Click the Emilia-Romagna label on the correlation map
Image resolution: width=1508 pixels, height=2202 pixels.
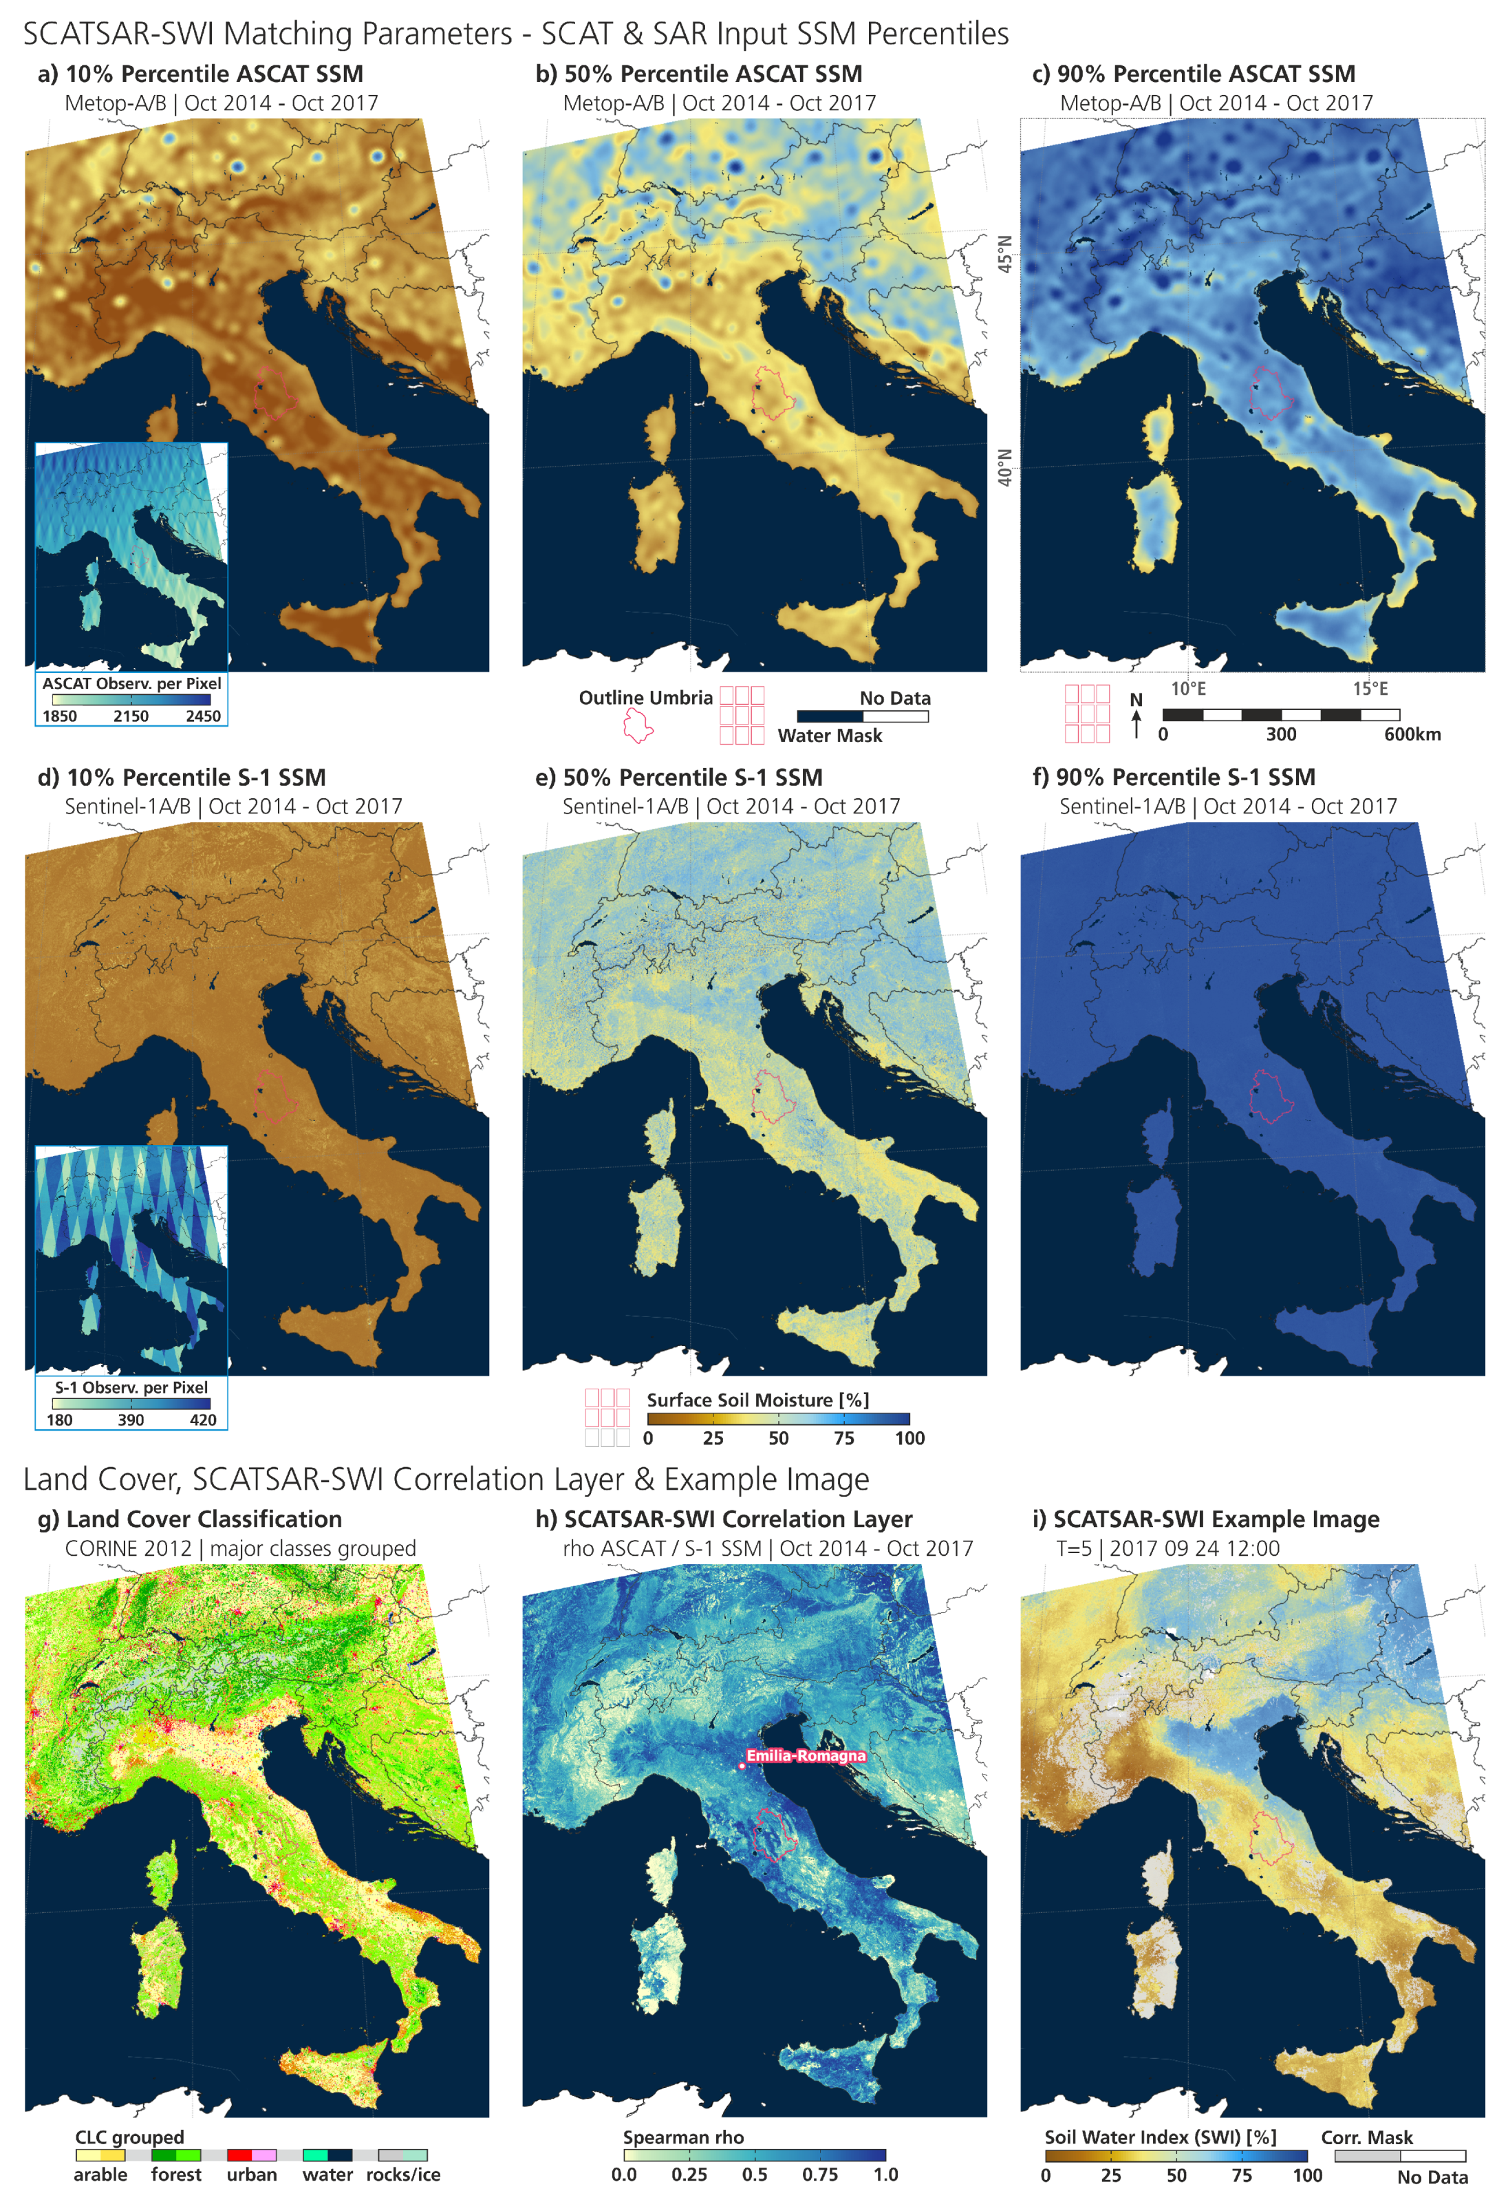tap(805, 1755)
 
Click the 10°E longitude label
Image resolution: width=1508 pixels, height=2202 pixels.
tap(1188, 689)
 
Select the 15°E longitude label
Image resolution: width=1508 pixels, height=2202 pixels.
tap(1370, 689)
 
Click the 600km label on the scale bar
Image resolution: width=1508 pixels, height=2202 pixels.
tap(1412, 734)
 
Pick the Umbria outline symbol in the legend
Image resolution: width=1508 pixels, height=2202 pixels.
tap(638, 727)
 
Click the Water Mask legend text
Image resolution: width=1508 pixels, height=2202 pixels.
tap(830, 736)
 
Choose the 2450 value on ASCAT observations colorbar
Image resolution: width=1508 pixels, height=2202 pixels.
tap(203, 716)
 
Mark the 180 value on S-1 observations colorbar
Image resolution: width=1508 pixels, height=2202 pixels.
tap(60, 1420)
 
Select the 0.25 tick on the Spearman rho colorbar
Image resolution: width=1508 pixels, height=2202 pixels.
tap(689, 2174)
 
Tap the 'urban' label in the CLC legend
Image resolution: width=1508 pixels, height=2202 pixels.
tap(251, 2174)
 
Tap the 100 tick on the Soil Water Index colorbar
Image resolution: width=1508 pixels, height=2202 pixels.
tap(1307, 2175)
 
